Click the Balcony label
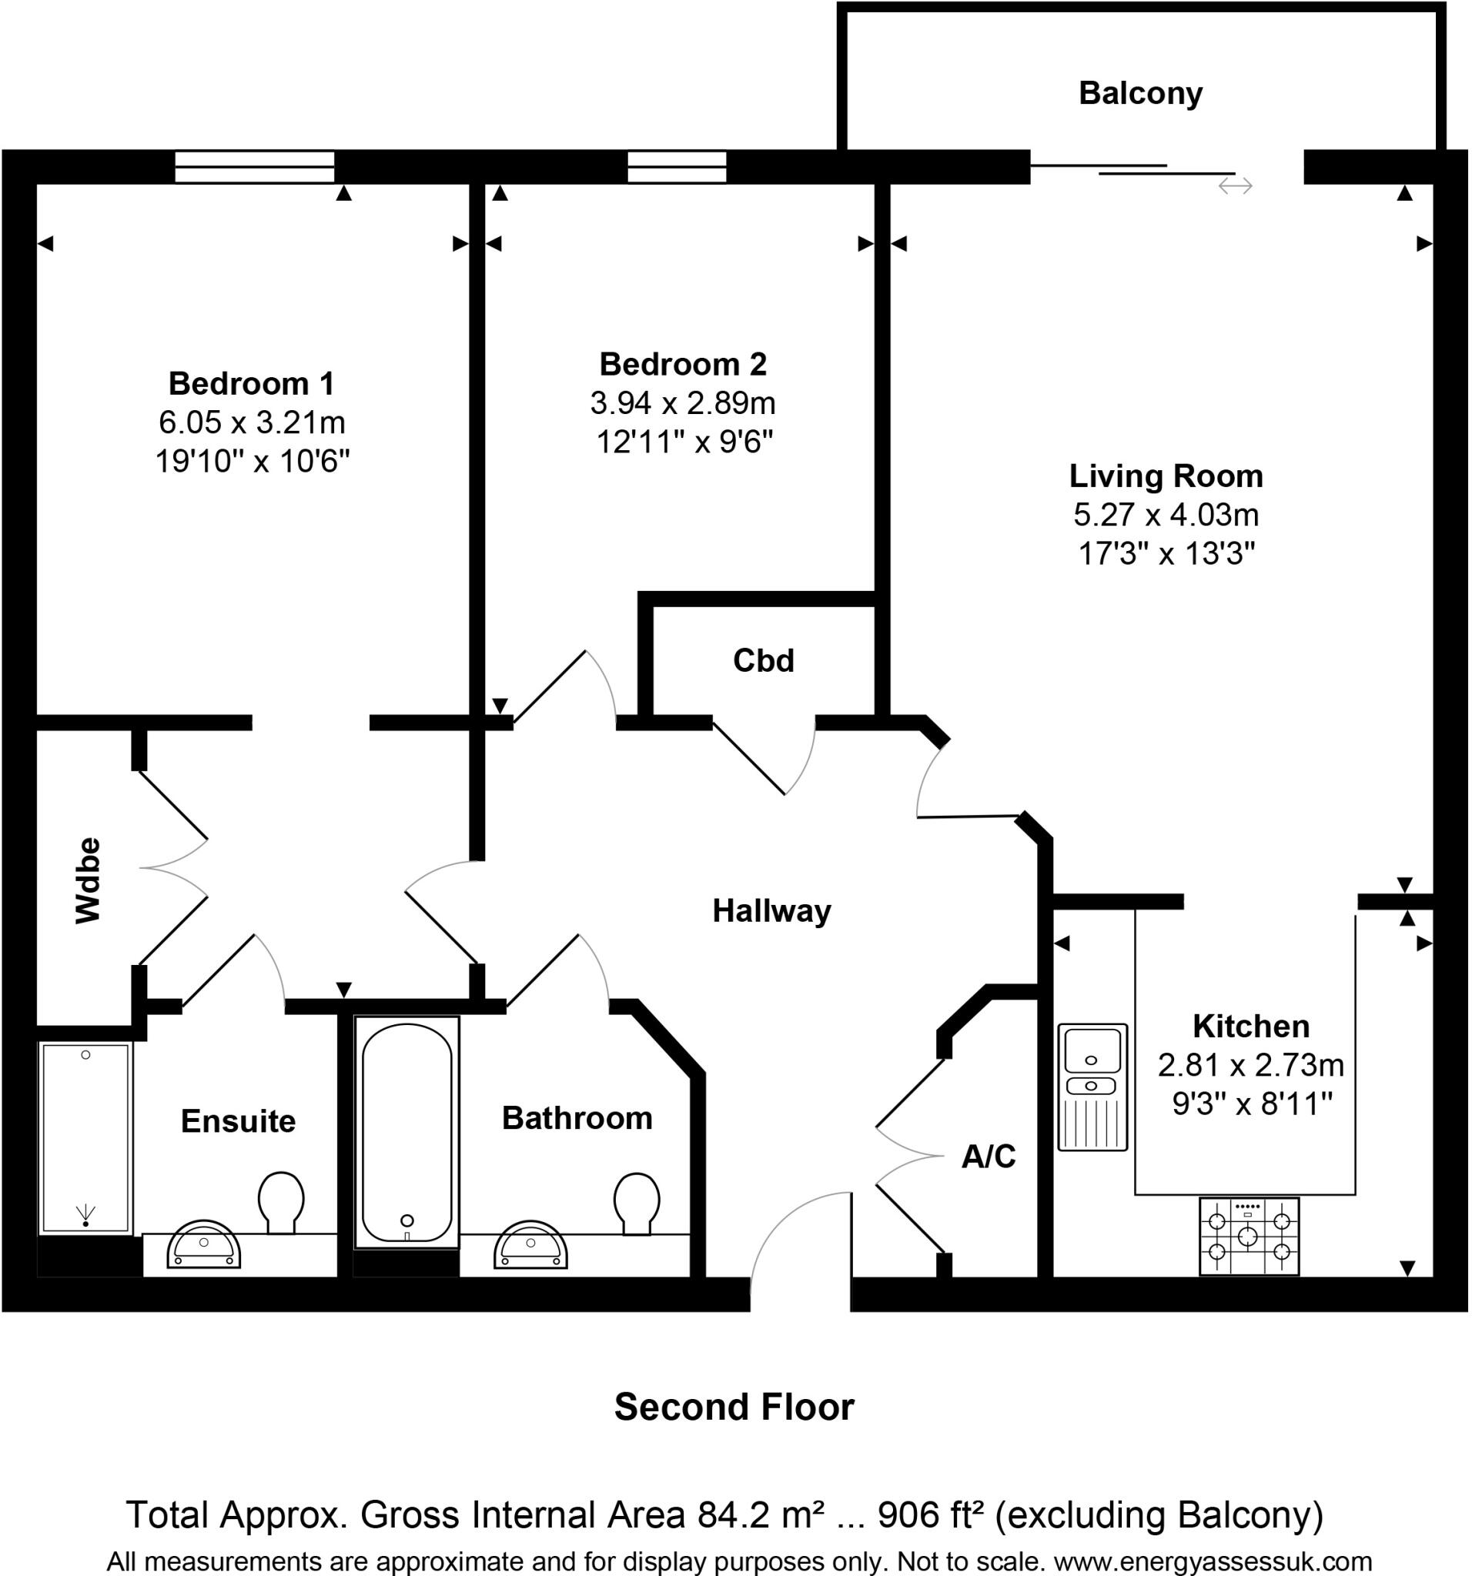point(1139,94)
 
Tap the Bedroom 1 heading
point(252,384)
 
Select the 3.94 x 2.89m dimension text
point(682,403)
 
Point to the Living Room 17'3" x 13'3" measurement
point(1165,553)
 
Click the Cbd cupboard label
point(763,660)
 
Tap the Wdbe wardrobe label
point(88,880)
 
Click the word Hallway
point(771,911)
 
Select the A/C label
point(988,1157)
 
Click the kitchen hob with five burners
point(1248,1236)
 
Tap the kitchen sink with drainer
point(1092,1087)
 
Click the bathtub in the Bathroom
point(406,1132)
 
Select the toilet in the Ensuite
point(281,1202)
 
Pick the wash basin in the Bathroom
point(530,1245)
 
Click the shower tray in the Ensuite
point(85,1138)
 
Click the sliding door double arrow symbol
point(1235,186)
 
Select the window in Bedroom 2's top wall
point(677,166)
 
